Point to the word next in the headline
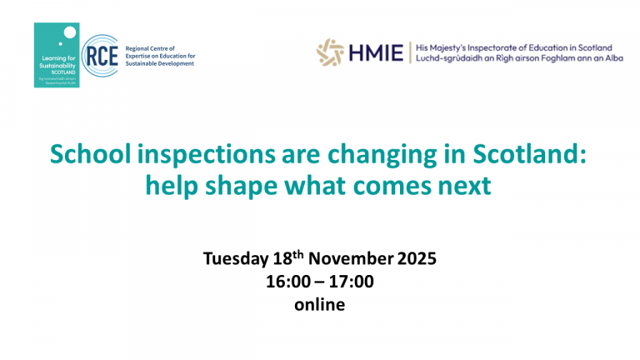click(461, 185)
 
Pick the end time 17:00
click(353, 282)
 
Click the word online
click(319, 304)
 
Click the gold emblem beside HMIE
click(330, 52)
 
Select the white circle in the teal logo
click(69, 32)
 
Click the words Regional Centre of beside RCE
click(147, 49)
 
